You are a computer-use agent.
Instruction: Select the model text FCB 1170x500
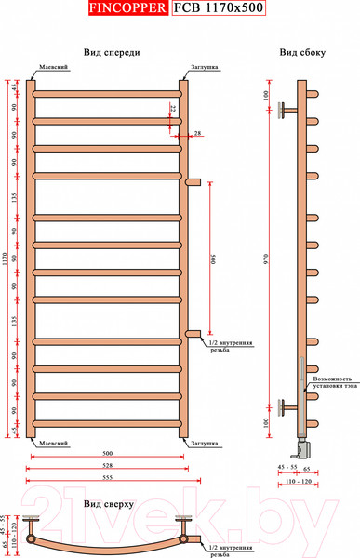(218, 11)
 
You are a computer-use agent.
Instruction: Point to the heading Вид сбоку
(302, 53)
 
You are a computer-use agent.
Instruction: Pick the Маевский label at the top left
(52, 68)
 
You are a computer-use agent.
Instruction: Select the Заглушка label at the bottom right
(205, 445)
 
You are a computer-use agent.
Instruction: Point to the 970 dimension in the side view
(268, 261)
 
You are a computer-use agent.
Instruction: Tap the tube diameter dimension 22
(173, 110)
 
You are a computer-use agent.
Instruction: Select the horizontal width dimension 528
(108, 465)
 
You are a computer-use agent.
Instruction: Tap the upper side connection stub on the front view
(193, 181)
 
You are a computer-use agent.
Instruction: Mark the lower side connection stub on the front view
(193, 333)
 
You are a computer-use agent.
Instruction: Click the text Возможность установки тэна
(332, 383)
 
